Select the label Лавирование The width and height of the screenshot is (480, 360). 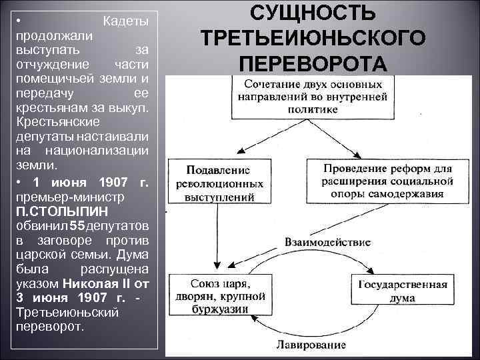tap(311, 345)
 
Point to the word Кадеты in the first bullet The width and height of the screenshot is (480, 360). tap(126, 22)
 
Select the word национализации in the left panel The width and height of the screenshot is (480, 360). tap(111, 150)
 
